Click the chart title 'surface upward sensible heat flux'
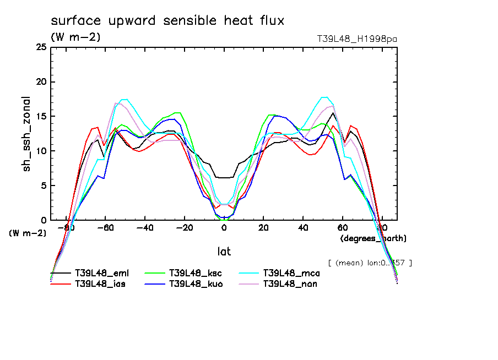point(167,21)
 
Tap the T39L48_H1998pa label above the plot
point(357,39)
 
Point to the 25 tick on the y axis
point(40,48)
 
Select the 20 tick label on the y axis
point(40,83)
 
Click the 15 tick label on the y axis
point(40,117)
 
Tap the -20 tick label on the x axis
point(183,227)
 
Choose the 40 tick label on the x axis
point(303,227)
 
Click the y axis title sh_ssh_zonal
point(27,134)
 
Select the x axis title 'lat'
point(224,252)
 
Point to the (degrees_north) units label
point(373,238)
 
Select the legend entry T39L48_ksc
point(195,273)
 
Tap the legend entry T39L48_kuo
point(195,284)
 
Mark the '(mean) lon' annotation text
point(370,263)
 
